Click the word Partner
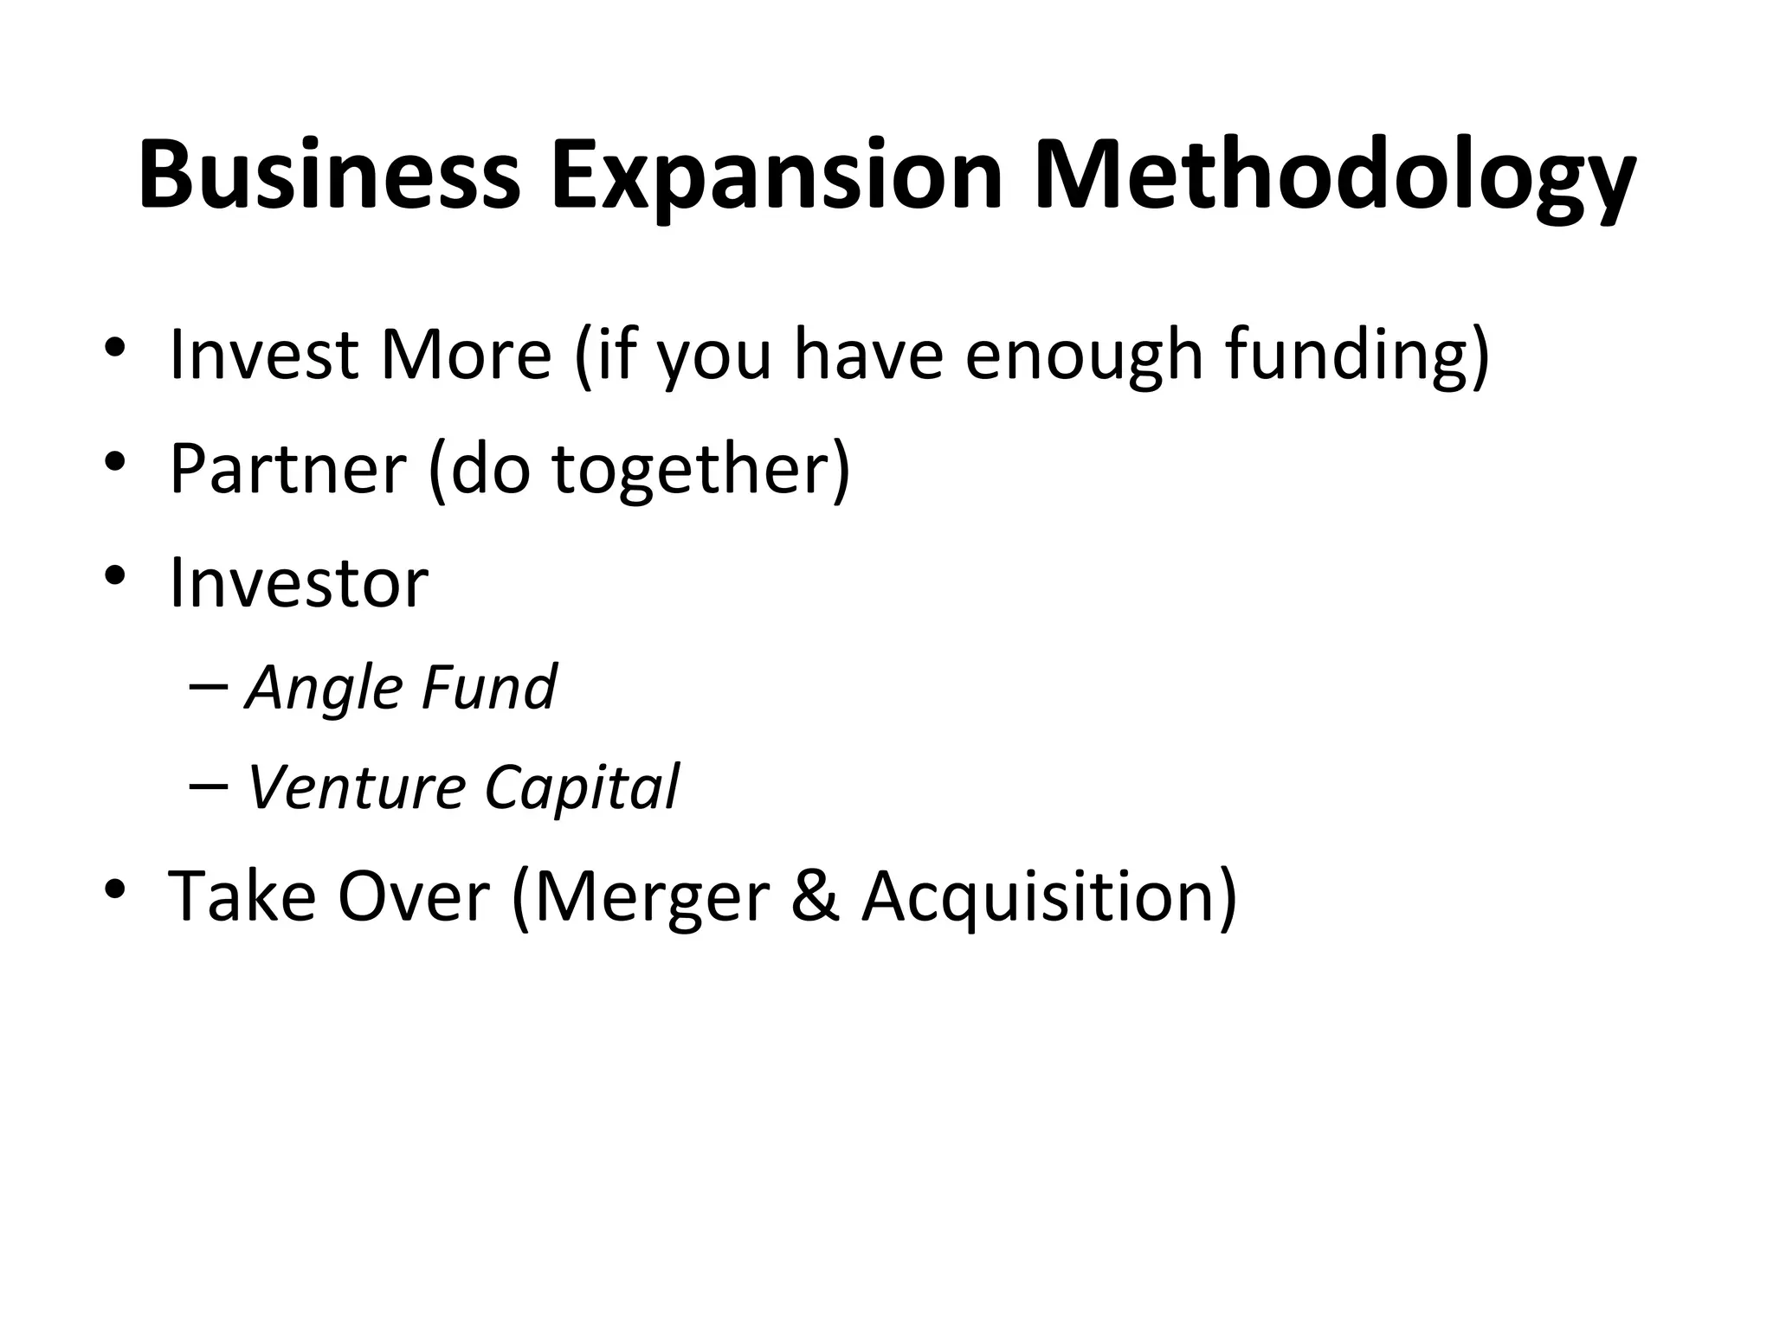coord(287,468)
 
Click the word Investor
coord(299,583)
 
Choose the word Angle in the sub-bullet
coord(325,689)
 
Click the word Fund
coord(489,687)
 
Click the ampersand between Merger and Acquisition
coord(815,896)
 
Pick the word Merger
coord(651,896)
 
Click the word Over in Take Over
coord(414,896)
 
